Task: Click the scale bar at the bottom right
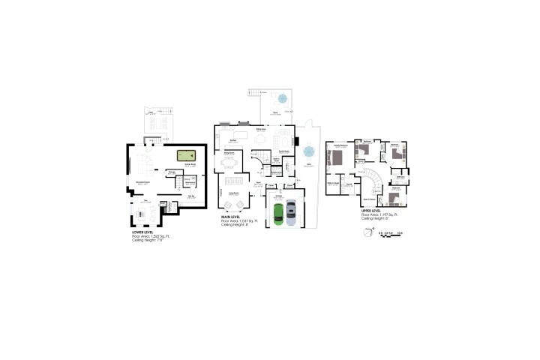tap(390, 233)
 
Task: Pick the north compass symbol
tap(367, 232)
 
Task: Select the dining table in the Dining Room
tap(231, 163)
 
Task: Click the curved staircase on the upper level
tap(373, 180)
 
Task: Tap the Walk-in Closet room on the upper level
tap(334, 184)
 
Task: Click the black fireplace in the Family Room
tap(297, 140)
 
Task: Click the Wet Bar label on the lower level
tap(191, 196)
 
